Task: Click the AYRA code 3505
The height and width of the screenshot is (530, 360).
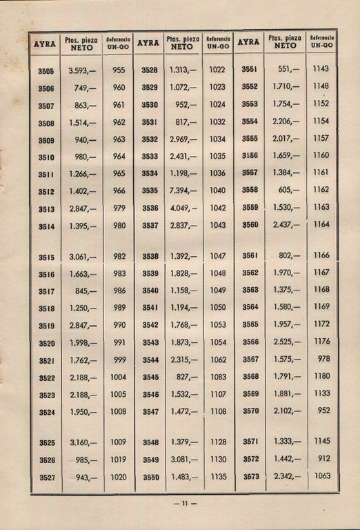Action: (x=46, y=70)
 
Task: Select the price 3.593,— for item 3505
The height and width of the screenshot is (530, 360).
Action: (x=83, y=70)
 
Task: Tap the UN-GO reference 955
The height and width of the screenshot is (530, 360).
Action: (x=119, y=70)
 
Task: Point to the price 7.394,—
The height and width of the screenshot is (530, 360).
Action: (x=183, y=190)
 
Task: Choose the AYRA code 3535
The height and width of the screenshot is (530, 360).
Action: (x=150, y=190)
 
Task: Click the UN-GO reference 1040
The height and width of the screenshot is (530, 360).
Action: (x=217, y=190)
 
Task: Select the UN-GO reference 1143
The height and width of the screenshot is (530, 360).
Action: (x=320, y=70)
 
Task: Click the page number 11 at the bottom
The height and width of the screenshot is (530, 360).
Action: (x=185, y=503)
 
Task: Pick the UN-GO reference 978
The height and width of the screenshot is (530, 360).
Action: (x=321, y=359)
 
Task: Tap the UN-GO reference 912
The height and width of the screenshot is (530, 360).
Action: (x=321, y=458)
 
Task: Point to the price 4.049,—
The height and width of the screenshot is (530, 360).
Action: (x=183, y=208)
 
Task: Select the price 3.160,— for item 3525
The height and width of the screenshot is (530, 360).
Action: (x=83, y=442)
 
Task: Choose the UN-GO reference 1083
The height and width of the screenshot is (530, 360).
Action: (x=217, y=377)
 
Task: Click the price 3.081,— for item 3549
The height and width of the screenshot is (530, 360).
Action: (x=183, y=460)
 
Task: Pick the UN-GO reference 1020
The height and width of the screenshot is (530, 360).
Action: (x=119, y=477)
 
